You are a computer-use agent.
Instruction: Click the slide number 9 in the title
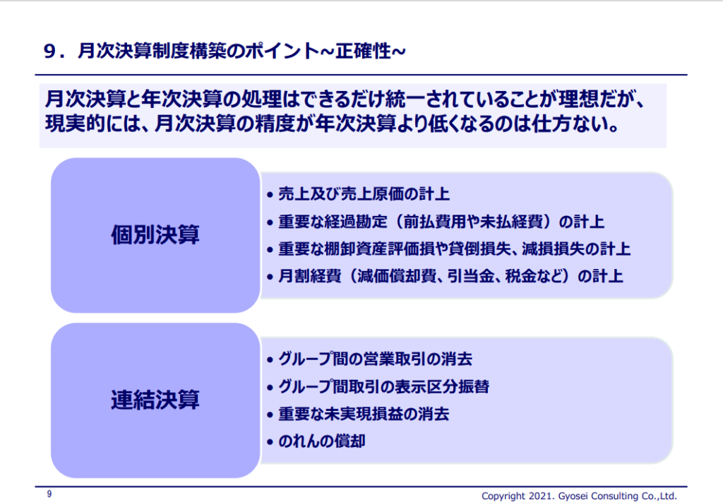[50, 51]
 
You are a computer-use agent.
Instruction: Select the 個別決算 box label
[155, 234]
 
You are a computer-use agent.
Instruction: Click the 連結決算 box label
[155, 400]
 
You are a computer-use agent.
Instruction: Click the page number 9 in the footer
[49, 494]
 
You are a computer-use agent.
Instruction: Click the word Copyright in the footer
[503, 496]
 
